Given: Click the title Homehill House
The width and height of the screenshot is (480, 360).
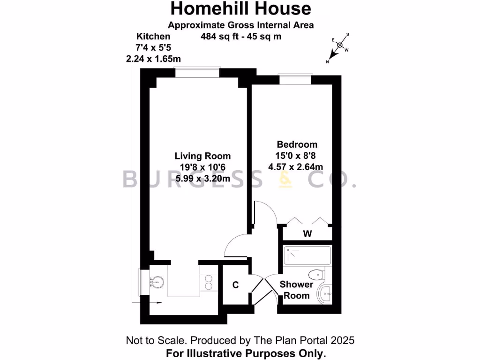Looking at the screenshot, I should click(240, 8).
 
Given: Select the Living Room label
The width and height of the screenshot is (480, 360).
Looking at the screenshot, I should click(202, 156).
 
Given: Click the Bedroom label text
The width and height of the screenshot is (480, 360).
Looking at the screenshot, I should click(297, 144).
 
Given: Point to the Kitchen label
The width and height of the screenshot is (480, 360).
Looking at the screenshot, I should click(153, 36).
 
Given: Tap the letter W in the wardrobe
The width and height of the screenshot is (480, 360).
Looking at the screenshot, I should click(307, 233).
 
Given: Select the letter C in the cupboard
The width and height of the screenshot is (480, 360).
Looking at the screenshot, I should click(236, 285).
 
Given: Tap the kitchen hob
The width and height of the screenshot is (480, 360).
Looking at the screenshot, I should click(209, 281).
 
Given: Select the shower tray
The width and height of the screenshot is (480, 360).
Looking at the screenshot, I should click(307, 255).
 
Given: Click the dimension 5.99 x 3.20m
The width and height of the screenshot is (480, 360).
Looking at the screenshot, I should click(202, 178).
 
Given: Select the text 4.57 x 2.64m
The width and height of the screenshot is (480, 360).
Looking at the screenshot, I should click(296, 166).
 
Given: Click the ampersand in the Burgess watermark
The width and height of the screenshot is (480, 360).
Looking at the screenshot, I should click(285, 179).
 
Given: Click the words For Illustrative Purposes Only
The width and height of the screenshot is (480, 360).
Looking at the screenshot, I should click(246, 353).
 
